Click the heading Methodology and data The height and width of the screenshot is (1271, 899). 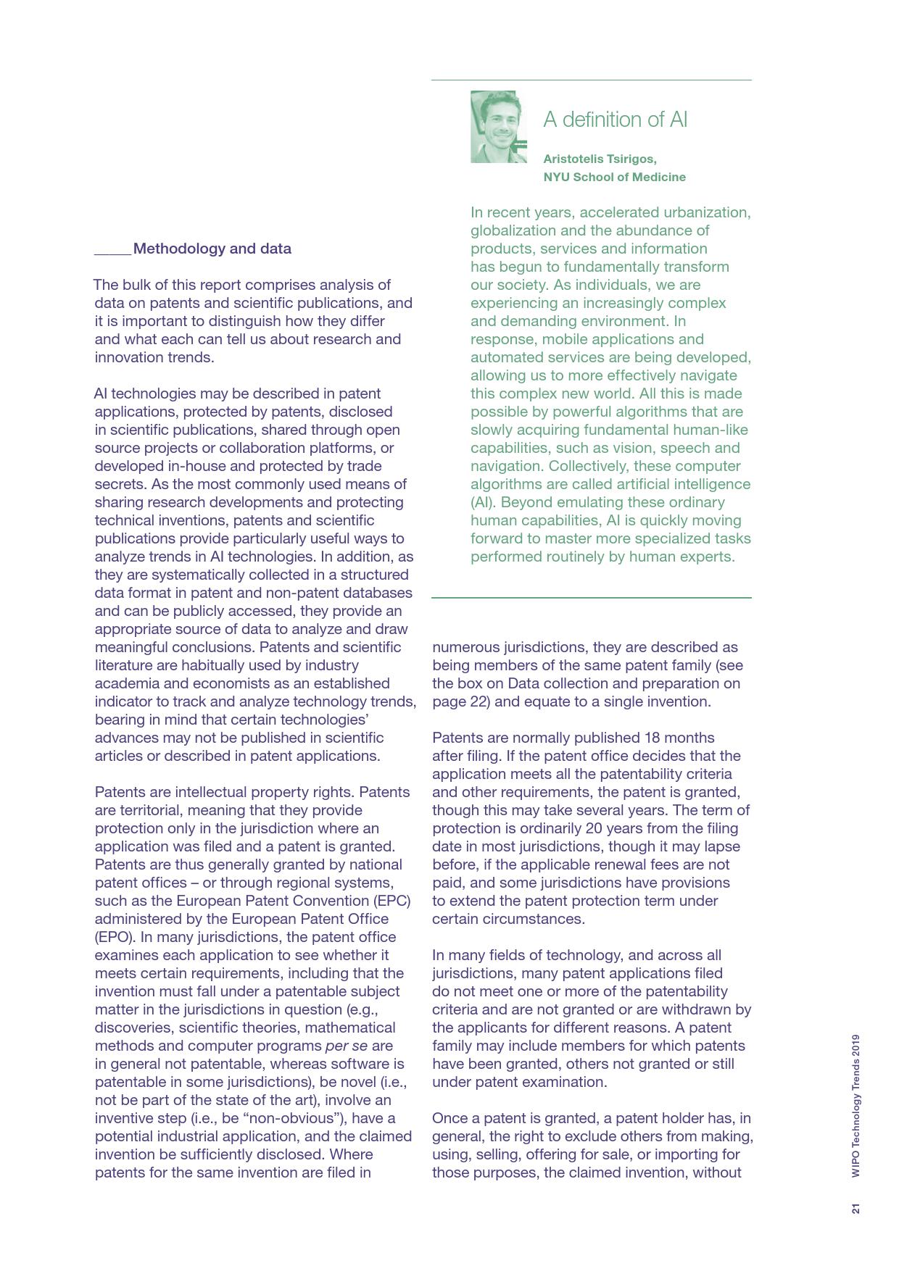212,249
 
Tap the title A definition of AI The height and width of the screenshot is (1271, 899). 615,120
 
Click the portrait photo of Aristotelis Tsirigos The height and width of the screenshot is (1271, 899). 498,127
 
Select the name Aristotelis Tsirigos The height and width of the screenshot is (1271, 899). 600,159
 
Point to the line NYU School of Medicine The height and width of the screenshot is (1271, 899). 614,177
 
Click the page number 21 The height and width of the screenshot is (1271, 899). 856,1209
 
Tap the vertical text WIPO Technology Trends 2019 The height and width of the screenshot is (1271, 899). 856,1105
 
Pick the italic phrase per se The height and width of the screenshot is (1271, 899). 347,1046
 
